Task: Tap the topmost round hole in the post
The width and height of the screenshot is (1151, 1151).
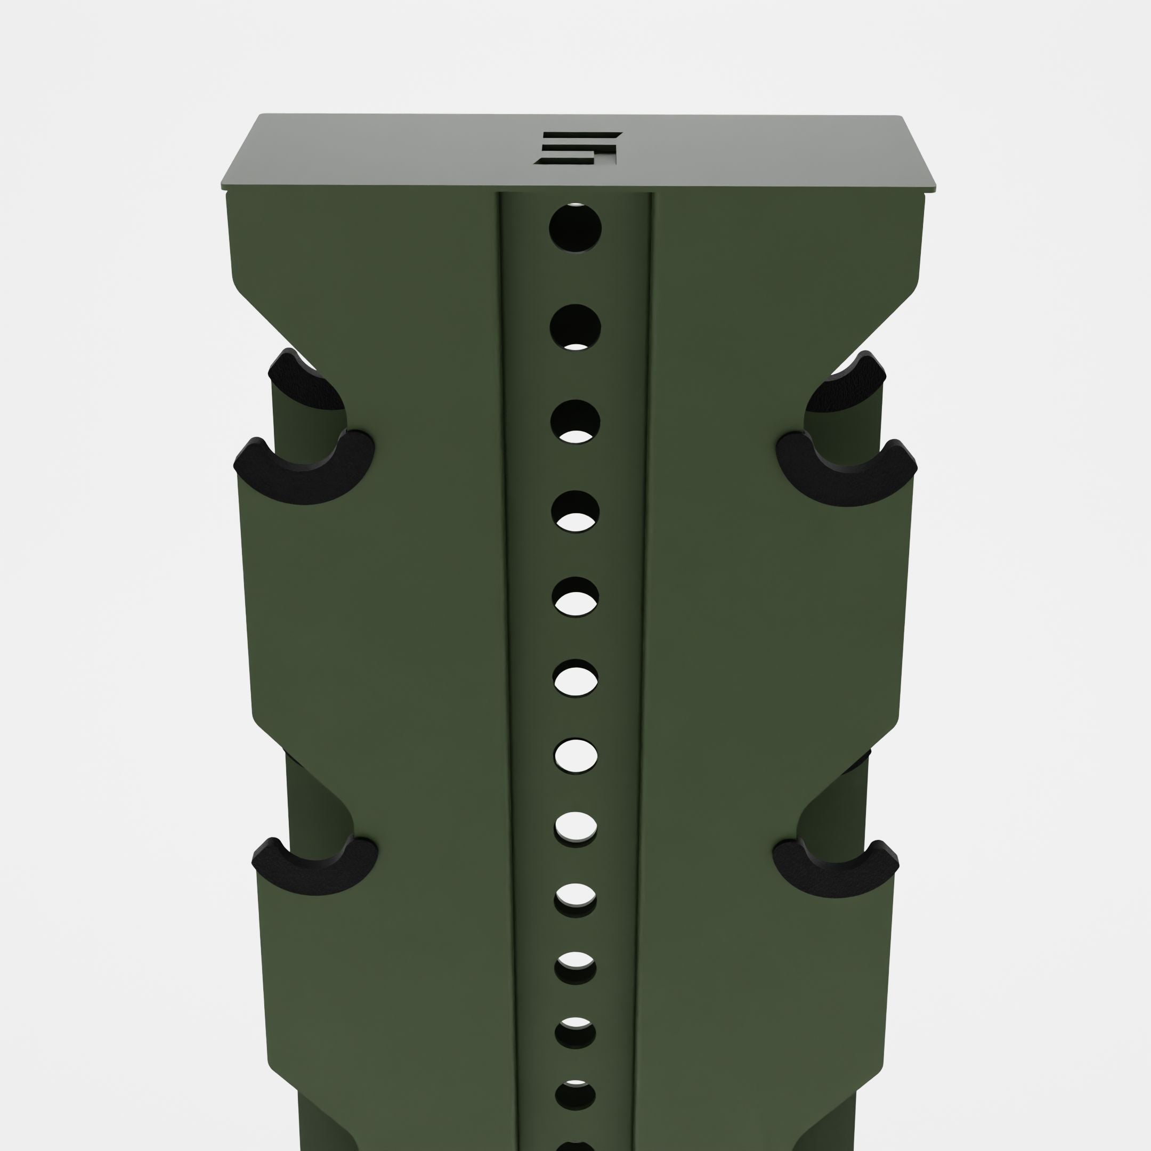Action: coord(575,228)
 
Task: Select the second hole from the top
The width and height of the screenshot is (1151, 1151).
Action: coord(575,327)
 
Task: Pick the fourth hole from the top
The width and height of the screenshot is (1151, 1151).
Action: coord(575,511)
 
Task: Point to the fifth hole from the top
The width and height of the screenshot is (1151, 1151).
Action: coord(575,597)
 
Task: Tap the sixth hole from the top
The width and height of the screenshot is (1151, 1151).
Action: coord(575,679)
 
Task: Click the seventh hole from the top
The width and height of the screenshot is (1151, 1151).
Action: coord(575,757)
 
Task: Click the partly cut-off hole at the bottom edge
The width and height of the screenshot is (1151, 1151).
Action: coord(575,1145)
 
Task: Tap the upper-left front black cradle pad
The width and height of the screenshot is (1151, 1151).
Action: coord(304,471)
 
